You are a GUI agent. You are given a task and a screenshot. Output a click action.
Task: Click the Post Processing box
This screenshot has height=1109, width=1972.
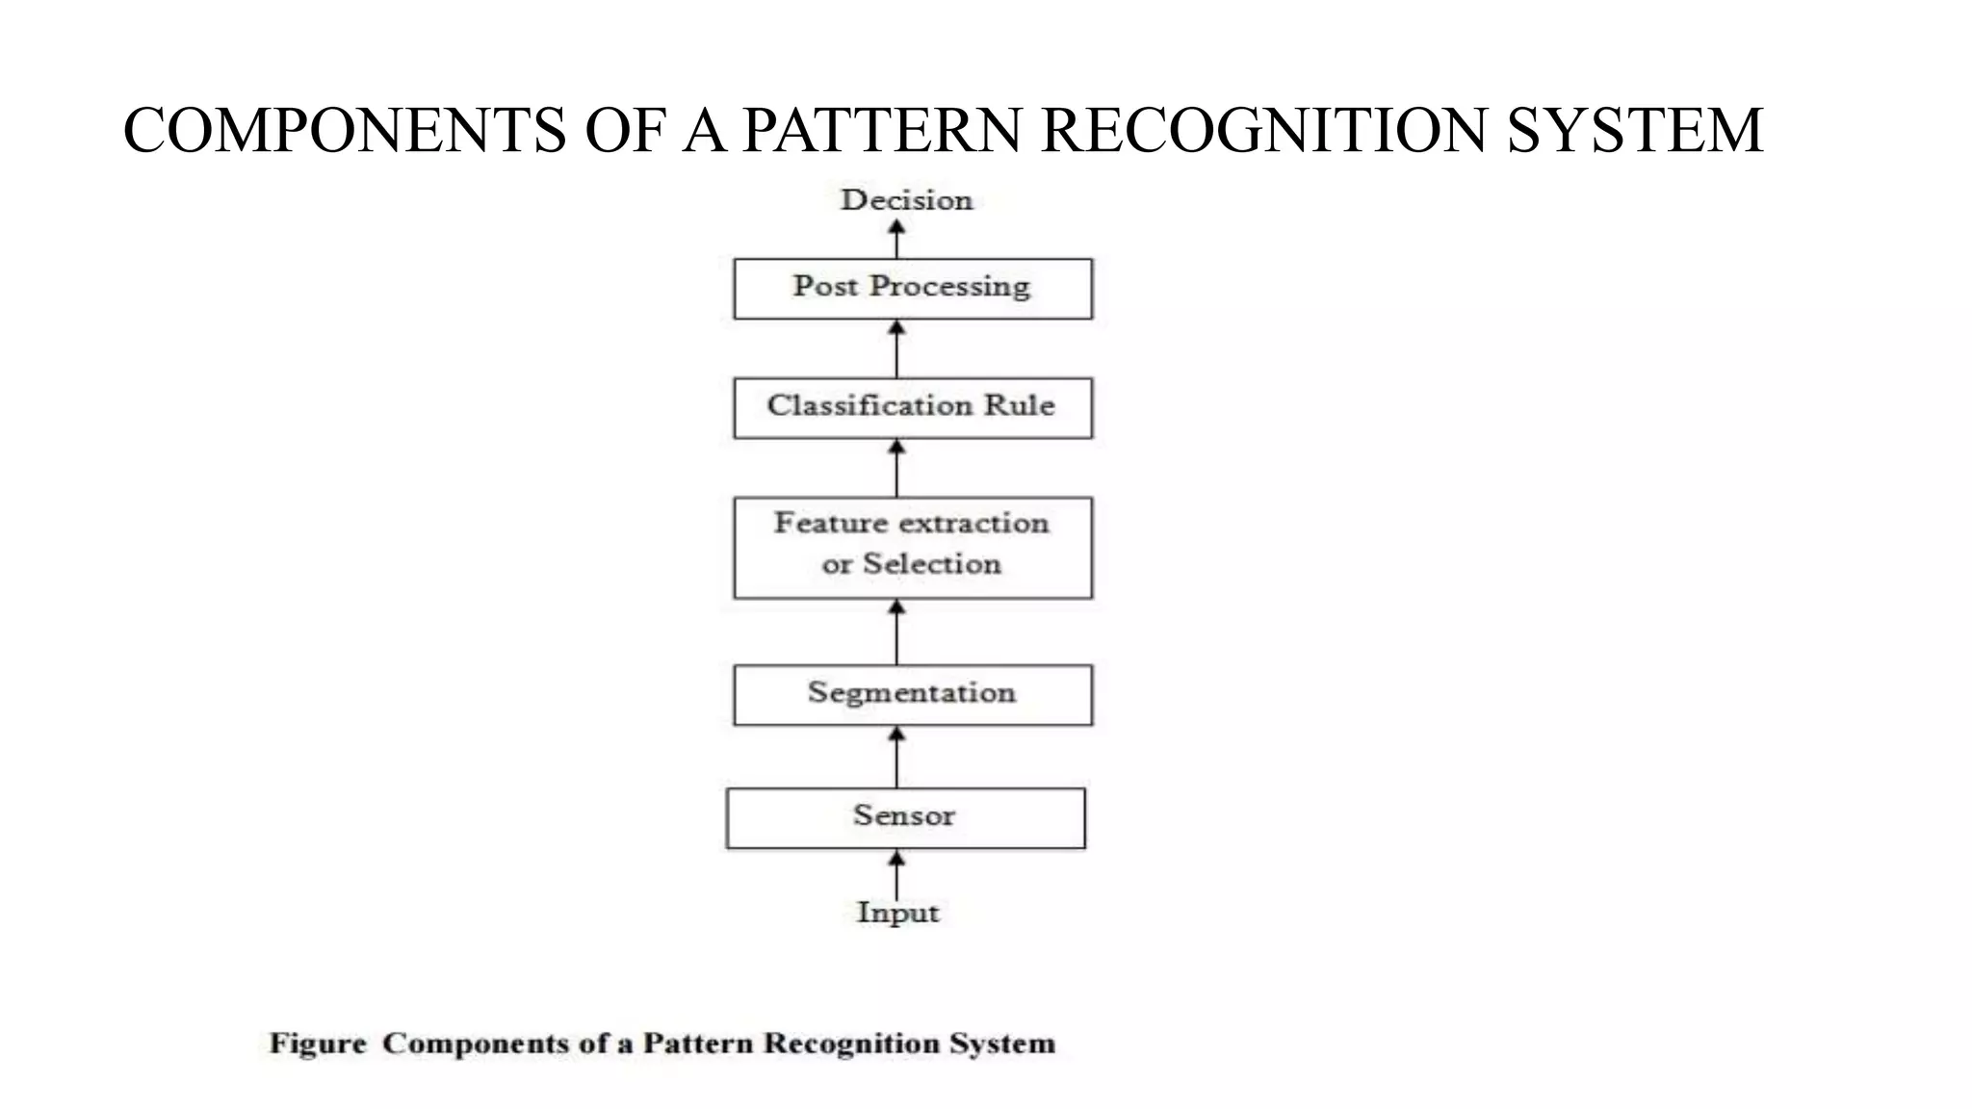(x=913, y=288)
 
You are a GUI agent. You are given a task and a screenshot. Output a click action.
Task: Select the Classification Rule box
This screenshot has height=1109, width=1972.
(x=913, y=407)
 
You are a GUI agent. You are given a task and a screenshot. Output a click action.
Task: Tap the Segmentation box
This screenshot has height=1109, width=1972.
(x=913, y=694)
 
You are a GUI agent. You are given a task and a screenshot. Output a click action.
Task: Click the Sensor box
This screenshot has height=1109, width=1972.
(x=905, y=817)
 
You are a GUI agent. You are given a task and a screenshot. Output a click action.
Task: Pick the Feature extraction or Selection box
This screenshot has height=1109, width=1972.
(x=913, y=547)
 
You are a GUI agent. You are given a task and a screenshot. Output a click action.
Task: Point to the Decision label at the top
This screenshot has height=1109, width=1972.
(x=906, y=200)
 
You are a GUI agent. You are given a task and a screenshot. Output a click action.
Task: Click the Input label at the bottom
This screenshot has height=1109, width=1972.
(x=897, y=912)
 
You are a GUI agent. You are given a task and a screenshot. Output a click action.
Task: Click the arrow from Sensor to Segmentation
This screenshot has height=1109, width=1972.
(x=896, y=757)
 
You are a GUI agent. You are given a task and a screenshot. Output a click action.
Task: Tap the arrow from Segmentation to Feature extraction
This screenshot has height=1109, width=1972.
(x=896, y=632)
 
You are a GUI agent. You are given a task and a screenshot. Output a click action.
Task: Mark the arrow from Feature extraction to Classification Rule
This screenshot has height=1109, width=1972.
(x=896, y=468)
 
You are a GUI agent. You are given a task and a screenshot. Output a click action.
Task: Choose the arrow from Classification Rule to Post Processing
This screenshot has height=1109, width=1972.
(x=896, y=348)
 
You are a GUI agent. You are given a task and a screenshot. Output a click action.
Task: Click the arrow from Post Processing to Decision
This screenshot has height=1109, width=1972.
(x=896, y=239)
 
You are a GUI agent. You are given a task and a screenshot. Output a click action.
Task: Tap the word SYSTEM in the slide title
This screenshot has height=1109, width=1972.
(x=1634, y=131)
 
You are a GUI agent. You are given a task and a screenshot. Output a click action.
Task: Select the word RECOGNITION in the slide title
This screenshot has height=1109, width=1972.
(x=1264, y=131)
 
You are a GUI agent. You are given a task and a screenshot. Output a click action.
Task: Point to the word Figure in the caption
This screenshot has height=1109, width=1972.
(x=318, y=1044)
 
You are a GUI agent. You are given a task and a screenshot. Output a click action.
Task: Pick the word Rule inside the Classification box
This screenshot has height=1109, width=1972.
(x=1019, y=405)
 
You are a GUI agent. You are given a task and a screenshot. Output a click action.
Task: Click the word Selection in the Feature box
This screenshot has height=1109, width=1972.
(x=931, y=564)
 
